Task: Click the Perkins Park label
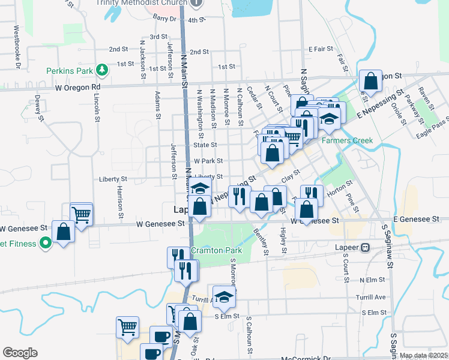click(70, 71)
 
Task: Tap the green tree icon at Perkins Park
click(102, 71)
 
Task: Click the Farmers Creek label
click(347, 141)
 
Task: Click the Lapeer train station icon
click(365, 247)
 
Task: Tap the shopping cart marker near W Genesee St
click(82, 214)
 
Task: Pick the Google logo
click(20, 353)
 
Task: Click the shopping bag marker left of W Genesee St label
click(63, 232)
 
